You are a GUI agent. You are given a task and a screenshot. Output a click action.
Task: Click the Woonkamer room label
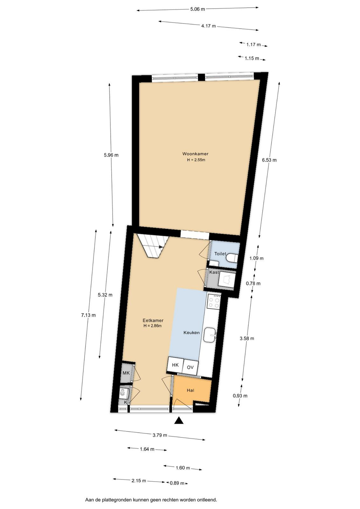point(195,154)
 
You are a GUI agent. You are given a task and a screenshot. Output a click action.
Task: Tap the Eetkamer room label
point(153,320)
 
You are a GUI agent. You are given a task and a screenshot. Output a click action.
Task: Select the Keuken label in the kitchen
point(191,333)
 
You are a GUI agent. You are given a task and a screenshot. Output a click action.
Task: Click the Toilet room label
point(220,254)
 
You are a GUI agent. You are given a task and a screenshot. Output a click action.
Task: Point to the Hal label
point(190,390)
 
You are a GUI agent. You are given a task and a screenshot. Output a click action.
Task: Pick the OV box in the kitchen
point(190,367)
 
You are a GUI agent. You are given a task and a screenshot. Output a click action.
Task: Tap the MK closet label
point(126,373)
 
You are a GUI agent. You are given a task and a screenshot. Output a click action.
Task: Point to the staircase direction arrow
point(161,247)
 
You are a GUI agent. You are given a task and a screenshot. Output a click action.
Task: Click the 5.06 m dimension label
point(197,9)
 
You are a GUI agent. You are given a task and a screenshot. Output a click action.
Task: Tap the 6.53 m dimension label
point(269,160)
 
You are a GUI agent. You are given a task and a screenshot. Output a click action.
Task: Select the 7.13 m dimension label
point(88,315)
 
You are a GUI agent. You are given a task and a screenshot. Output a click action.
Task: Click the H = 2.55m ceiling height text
point(196,160)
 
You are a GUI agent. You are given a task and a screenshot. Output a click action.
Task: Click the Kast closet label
point(214,272)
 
